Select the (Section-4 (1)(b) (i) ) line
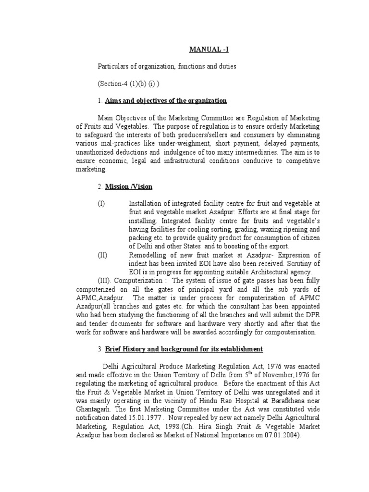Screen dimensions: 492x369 (x=129, y=83)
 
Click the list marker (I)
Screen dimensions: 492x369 (x=101, y=204)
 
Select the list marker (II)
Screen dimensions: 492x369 (x=102, y=255)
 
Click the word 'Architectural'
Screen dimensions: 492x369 (x=254, y=272)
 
